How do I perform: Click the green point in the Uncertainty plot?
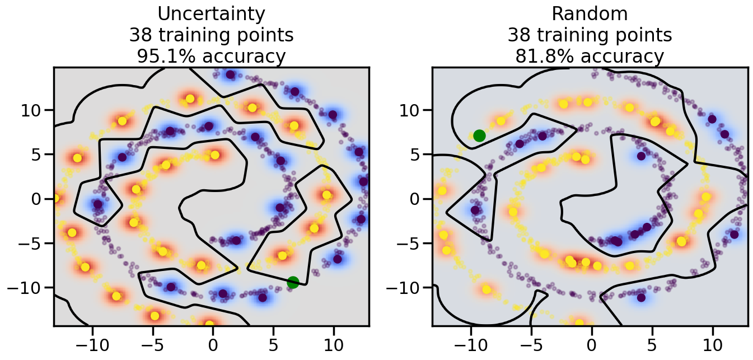point(293,282)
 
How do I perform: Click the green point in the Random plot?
point(479,135)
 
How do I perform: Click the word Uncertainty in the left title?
point(211,13)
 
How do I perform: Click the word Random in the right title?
point(590,13)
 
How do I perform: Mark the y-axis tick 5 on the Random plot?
point(417,154)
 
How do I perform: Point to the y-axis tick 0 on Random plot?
point(417,199)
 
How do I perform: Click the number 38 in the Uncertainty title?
point(142,35)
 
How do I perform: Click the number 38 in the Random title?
point(521,35)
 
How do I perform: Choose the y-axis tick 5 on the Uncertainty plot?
point(39,154)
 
